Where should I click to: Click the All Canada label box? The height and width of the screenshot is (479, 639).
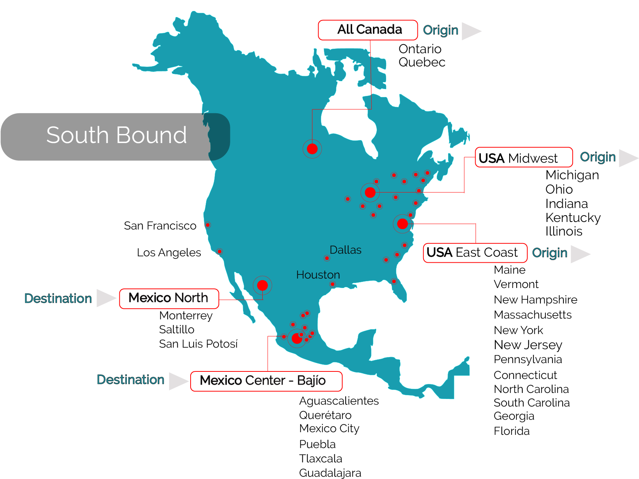coord(368,30)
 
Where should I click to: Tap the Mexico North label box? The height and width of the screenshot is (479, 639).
coord(169,298)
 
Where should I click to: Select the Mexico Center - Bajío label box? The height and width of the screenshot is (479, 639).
coord(266,381)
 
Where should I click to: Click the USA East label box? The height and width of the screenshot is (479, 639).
coord(475,253)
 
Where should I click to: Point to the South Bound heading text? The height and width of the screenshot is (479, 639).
coord(116,135)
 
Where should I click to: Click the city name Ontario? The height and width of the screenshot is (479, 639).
coord(420,49)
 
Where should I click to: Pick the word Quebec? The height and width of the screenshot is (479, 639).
coord(422,62)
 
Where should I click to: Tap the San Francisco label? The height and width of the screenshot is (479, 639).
coord(161,226)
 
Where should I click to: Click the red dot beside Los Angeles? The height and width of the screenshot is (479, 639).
coord(219,251)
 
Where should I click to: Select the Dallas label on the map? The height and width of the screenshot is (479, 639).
coord(345,250)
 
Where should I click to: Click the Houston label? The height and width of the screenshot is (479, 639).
coord(318,275)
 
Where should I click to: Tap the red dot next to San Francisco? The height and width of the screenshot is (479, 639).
coord(208,225)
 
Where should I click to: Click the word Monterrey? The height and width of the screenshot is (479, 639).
coord(186,316)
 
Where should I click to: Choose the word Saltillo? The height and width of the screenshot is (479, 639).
coord(177,330)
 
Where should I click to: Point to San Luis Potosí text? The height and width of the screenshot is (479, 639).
coord(198,344)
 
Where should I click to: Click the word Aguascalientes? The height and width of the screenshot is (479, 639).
coord(339,401)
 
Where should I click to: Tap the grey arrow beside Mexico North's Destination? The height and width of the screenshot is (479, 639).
coord(105,298)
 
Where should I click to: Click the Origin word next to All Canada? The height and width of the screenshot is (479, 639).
coord(440,30)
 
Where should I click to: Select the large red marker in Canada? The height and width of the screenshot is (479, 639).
coord(312,149)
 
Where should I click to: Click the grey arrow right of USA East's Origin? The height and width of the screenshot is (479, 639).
coord(579,254)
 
